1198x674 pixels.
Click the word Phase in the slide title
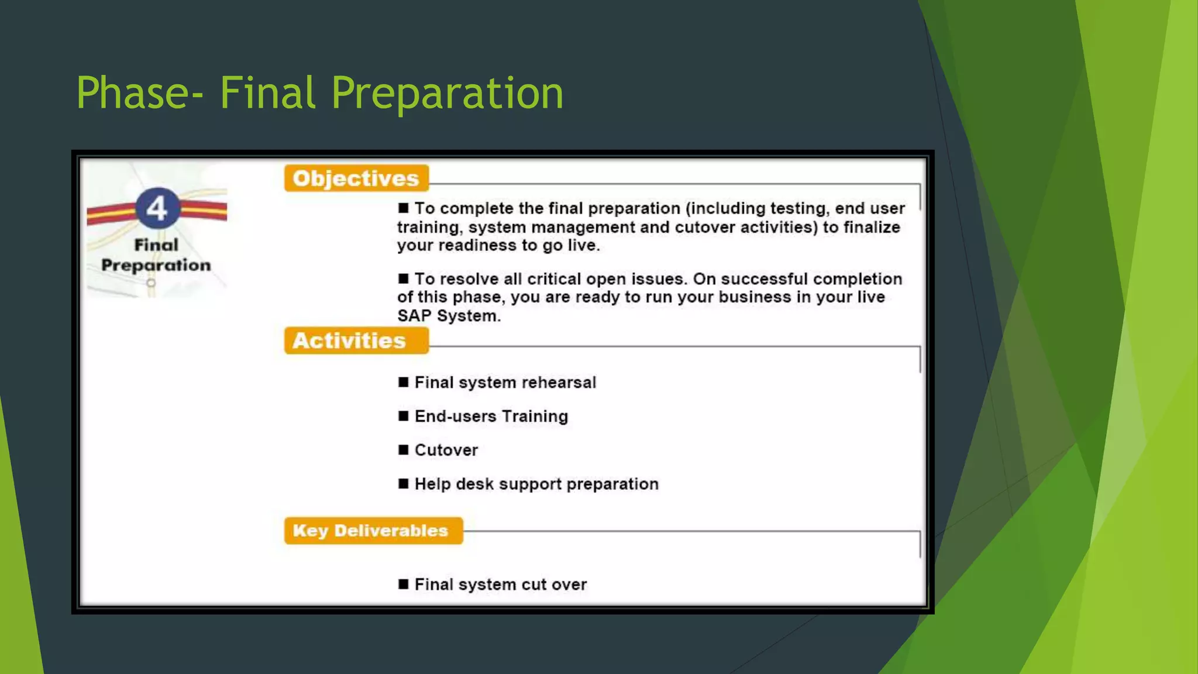pyautogui.click(x=133, y=94)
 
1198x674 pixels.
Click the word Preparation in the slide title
pyautogui.click(x=447, y=94)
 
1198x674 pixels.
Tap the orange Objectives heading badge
pyautogui.click(x=356, y=178)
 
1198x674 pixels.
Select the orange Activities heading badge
pyautogui.click(x=356, y=341)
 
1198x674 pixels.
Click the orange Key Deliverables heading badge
pyautogui.click(x=373, y=531)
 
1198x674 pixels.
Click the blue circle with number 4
pyautogui.click(x=157, y=208)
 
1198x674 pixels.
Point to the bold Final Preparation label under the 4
pyautogui.click(x=156, y=255)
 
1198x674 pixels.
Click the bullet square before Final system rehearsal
pyautogui.click(x=403, y=383)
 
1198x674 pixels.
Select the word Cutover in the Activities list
pyautogui.click(x=446, y=450)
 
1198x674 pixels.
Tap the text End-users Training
pyautogui.click(x=491, y=416)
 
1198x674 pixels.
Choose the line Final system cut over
pyautogui.click(x=500, y=584)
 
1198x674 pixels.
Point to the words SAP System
pyautogui.click(x=448, y=316)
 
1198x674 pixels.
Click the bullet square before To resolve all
pyautogui.click(x=403, y=278)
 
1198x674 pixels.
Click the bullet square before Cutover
pyautogui.click(x=403, y=450)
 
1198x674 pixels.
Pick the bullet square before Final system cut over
pyautogui.click(x=403, y=584)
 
